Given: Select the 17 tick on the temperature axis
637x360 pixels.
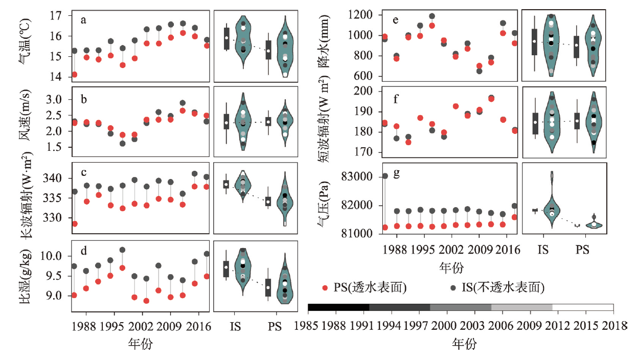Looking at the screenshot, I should click(58, 16).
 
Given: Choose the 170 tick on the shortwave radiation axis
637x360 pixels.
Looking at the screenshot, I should click(365, 152).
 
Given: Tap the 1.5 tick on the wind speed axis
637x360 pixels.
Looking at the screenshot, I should click(57, 147).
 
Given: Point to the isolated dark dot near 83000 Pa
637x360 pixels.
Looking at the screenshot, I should click(384, 176).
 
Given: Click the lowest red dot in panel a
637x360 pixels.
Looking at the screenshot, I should click(75, 75).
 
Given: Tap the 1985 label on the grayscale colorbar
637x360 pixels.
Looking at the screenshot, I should click(308, 326).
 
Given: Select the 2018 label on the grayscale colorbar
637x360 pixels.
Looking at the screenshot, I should click(613, 326).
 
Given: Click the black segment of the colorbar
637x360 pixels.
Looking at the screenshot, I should click(338, 307).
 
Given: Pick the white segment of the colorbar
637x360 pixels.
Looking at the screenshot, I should click(583, 307).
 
